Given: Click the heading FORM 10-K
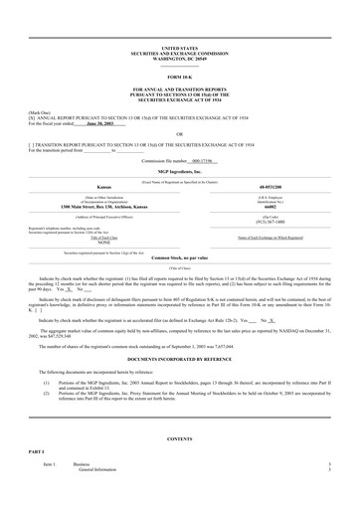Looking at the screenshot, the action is pyautogui.click(x=179, y=76).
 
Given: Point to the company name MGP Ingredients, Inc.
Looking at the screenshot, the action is pyautogui.click(x=179, y=171).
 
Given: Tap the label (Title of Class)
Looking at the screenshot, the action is pyautogui.click(x=179, y=268).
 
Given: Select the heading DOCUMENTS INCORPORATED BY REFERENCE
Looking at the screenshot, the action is pyautogui.click(x=179, y=355).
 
